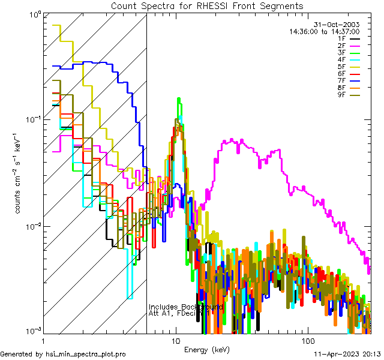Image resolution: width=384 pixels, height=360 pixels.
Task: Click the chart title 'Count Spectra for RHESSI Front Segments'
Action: tap(207, 5)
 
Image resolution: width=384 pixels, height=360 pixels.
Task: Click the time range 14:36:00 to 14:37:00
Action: tap(324, 31)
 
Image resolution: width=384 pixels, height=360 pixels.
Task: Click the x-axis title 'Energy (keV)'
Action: tap(207, 349)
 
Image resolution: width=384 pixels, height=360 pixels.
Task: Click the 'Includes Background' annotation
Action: tap(185, 307)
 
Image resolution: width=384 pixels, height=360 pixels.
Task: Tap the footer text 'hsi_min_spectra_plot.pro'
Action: tap(86, 354)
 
